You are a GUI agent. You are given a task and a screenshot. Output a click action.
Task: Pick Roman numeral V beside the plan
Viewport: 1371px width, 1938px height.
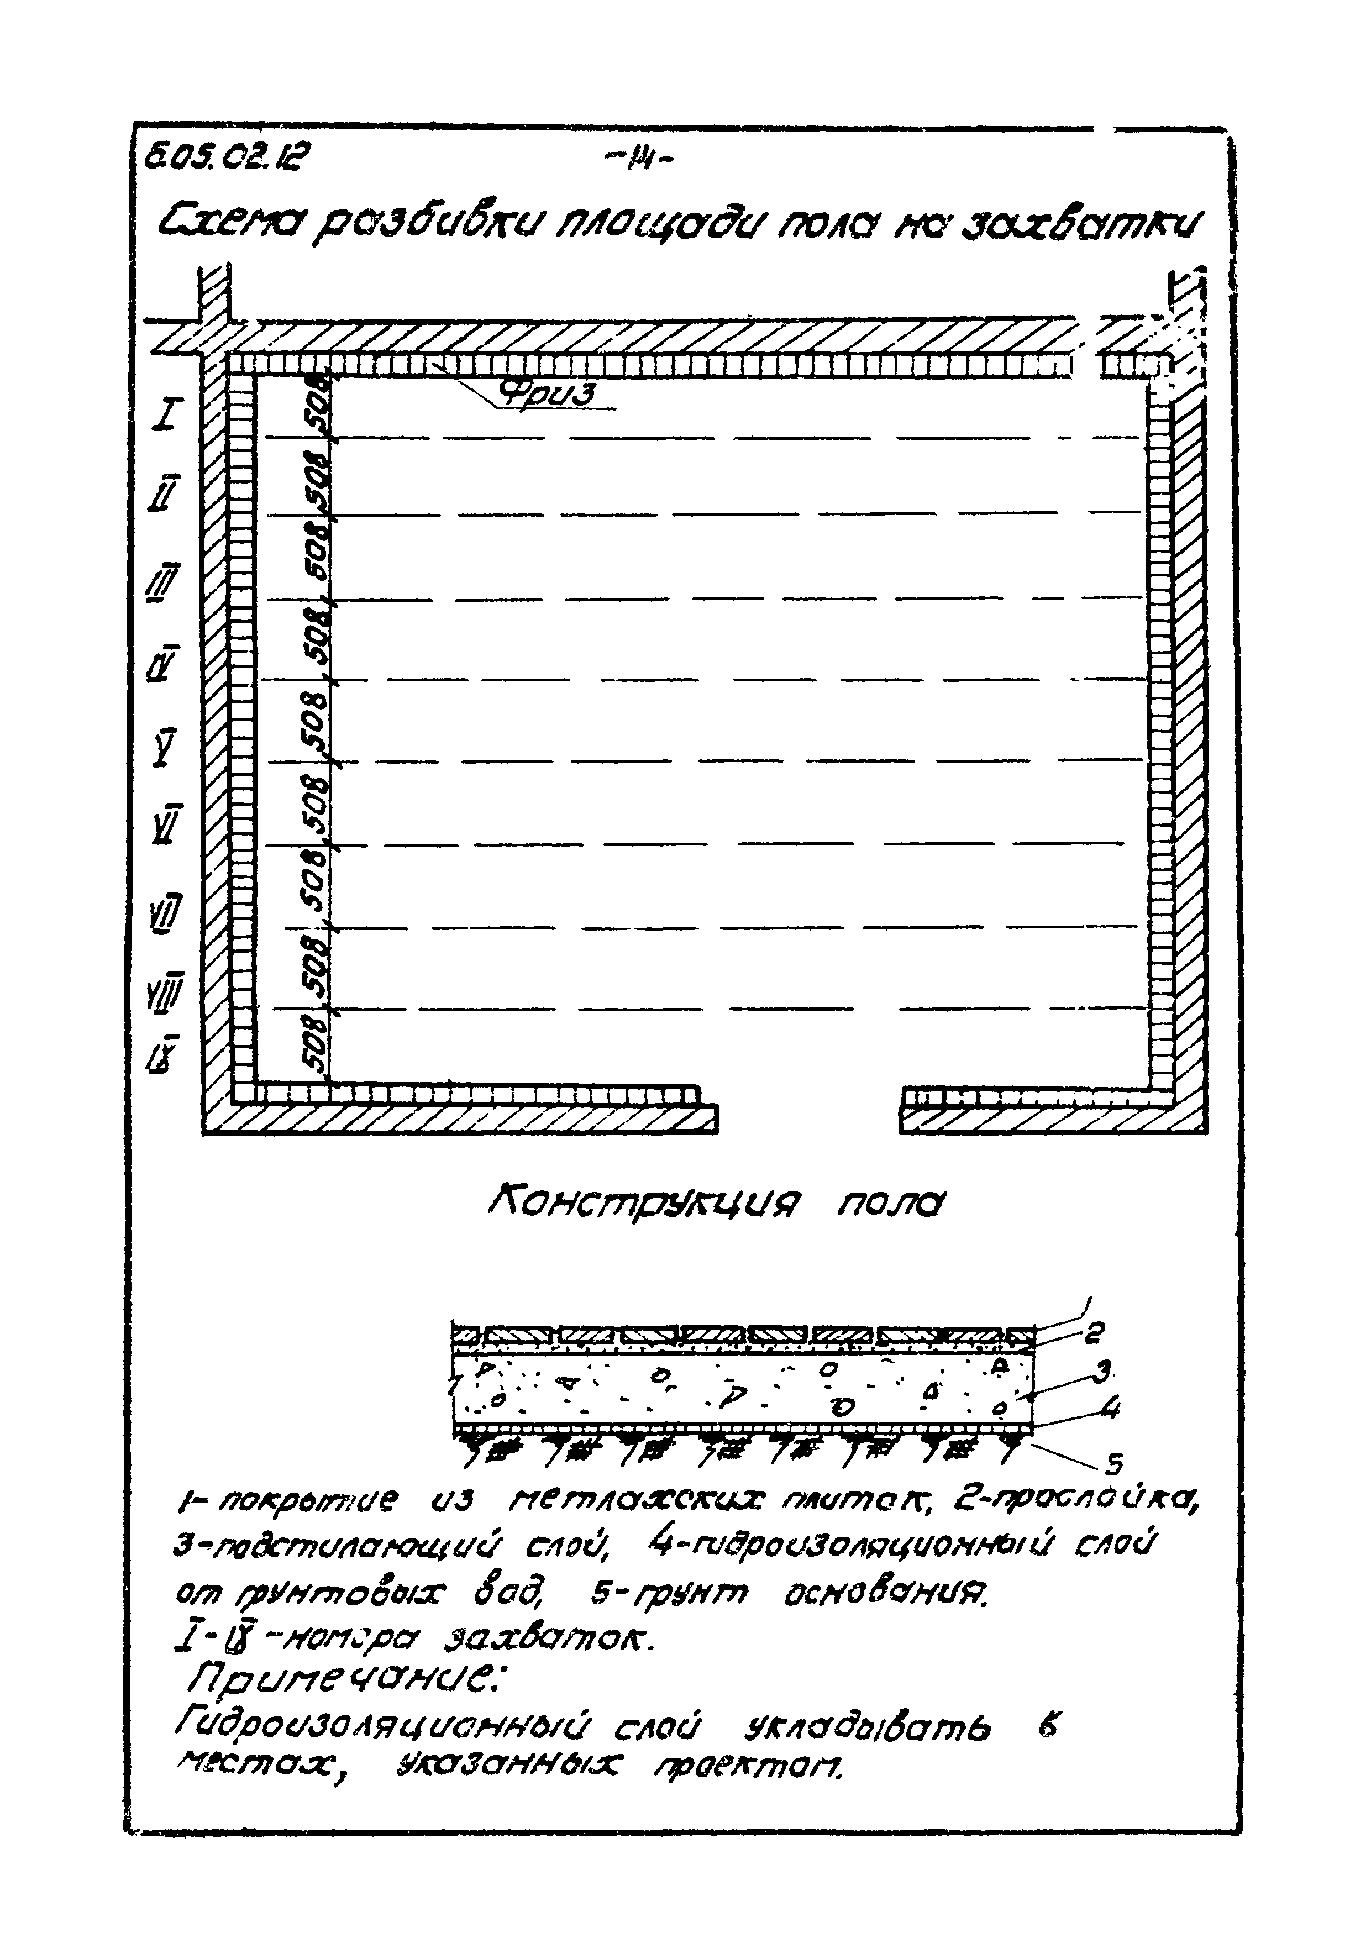click(x=165, y=745)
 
